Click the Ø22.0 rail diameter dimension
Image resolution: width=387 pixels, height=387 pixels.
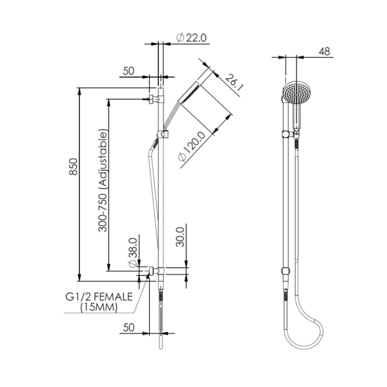(192, 38)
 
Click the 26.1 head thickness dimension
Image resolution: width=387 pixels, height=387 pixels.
(231, 82)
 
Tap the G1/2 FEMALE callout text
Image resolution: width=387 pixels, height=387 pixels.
(99, 297)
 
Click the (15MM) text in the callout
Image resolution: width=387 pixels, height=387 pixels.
(99, 307)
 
